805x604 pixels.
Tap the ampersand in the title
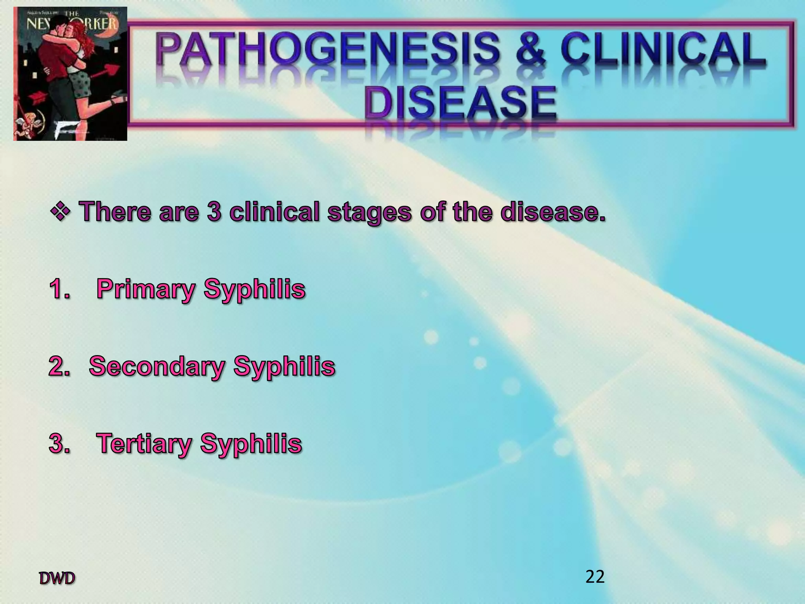[x=531, y=51]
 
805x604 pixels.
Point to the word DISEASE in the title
[x=460, y=103]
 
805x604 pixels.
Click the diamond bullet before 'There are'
[x=60, y=211]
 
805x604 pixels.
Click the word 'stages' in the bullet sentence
[x=370, y=213]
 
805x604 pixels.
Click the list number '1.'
[x=60, y=289]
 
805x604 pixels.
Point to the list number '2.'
[x=60, y=366]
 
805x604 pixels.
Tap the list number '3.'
[x=60, y=444]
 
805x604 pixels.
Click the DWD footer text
[x=57, y=578]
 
